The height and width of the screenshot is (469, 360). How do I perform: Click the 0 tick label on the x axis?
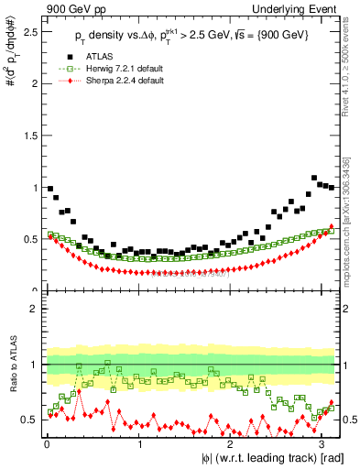(x=47, y=445)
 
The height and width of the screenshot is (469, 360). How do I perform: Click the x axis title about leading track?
(x=274, y=458)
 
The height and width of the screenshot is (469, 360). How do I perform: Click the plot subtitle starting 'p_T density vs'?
(x=192, y=34)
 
